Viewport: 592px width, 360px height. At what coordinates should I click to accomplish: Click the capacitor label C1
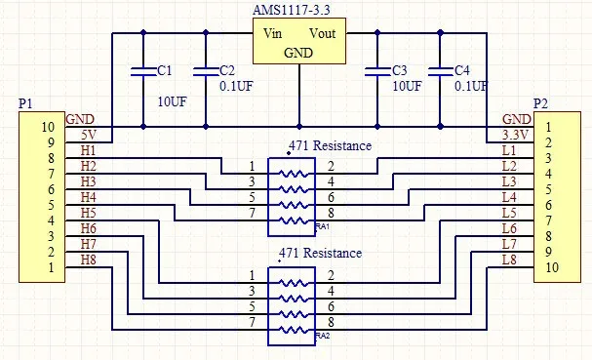tap(164, 71)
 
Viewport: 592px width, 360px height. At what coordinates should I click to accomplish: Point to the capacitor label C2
tap(226, 71)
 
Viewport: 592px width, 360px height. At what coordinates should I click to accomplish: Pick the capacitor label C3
tap(398, 71)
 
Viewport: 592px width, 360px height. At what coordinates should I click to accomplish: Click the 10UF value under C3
tap(407, 86)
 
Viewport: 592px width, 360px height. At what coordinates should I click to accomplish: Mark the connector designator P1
tap(25, 102)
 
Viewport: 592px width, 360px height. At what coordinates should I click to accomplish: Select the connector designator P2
tap(540, 102)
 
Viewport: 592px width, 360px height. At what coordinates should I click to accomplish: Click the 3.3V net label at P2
tap(515, 135)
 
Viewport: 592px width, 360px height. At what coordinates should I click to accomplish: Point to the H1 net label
tap(88, 150)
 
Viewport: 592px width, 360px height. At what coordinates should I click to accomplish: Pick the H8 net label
tap(88, 260)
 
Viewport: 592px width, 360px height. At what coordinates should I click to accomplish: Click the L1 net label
tap(508, 150)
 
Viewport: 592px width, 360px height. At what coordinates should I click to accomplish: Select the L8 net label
tap(508, 260)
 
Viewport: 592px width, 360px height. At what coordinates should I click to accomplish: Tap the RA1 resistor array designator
tap(324, 226)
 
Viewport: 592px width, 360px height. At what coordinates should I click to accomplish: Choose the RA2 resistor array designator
tap(324, 335)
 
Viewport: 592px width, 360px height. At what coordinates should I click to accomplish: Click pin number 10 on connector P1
tap(48, 127)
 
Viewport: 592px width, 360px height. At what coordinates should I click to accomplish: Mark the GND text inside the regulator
tap(297, 53)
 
